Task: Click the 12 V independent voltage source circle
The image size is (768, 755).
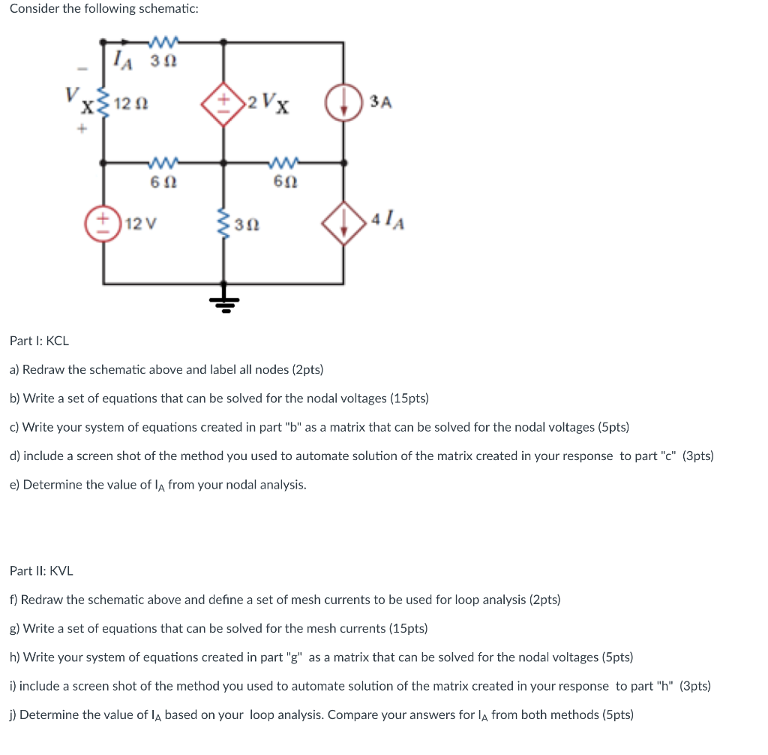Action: point(103,223)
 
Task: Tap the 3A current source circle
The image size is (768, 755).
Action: point(343,103)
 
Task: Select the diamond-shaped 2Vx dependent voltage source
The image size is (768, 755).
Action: point(223,103)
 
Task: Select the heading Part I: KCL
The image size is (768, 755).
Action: point(39,341)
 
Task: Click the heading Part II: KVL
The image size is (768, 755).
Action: point(41,570)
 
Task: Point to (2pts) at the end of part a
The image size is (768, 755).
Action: point(307,369)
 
